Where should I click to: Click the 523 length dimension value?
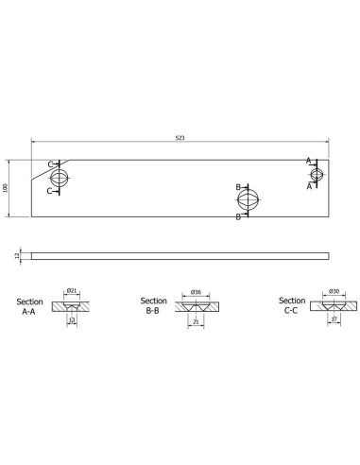pos(180,138)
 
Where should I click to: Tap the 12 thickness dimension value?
pos(18,255)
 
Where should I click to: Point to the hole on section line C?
pos(60,177)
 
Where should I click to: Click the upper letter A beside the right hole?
pos(308,162)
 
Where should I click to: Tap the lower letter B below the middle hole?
pos(238,216)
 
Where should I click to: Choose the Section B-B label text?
pos(153,304)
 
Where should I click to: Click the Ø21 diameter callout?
pos(72,291)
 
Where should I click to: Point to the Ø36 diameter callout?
pos(195,291)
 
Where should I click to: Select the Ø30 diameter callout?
pos(334,291)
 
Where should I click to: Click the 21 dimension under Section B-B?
pos(195,322)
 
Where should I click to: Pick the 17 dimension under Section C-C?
pos(334,321)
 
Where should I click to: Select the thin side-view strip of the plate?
pos(180,255)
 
